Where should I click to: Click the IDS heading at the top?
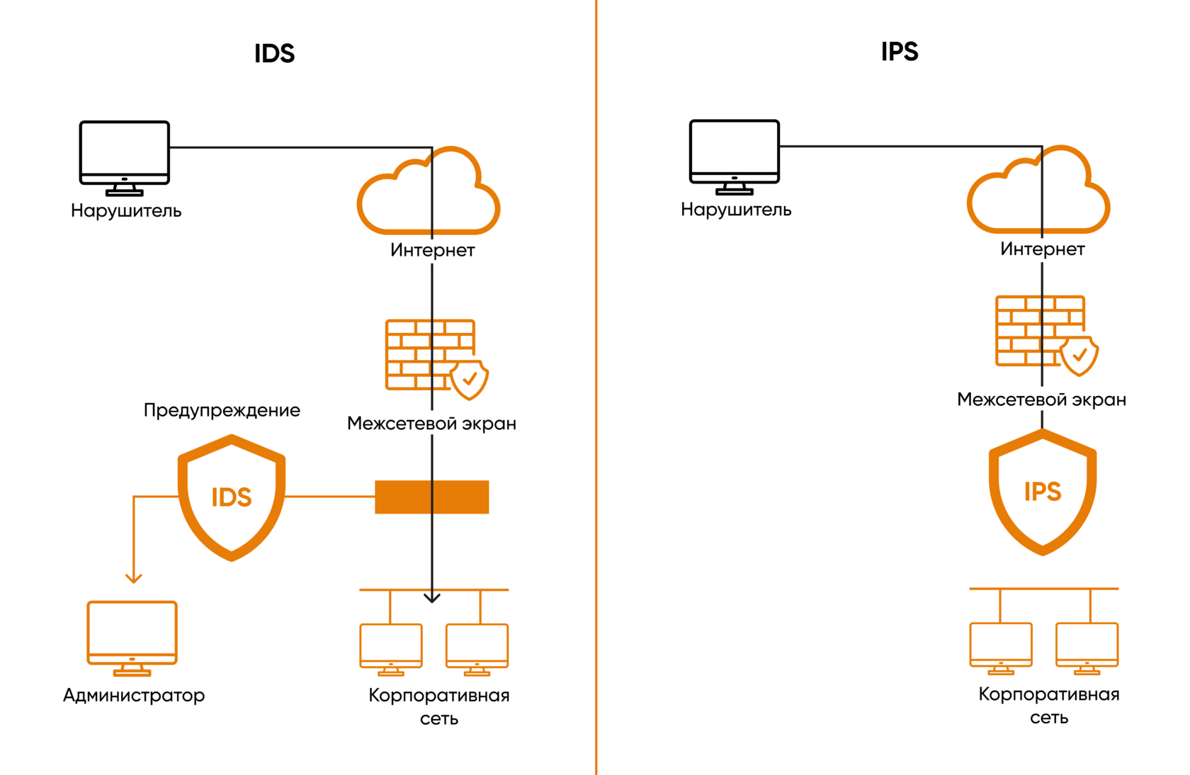tap(274, 53)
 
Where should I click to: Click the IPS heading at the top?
tap(900, 52)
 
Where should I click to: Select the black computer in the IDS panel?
tap(125, 157)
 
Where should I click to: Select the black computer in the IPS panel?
tap(735, 155)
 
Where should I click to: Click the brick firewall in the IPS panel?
tap(1040, 331)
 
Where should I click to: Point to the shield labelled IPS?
tap(1043, 492)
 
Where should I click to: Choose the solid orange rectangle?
tap(431, 497)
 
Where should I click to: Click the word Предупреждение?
tap(222, 410)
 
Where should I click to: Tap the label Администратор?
tap(134, 695)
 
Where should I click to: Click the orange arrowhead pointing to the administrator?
tap(134, 578)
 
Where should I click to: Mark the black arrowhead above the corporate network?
tap(432, 598)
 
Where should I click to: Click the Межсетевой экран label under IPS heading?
tap(1041, 400)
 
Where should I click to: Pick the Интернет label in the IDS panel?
tap(432, 250)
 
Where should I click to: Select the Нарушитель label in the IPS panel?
tap(736, 210)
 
